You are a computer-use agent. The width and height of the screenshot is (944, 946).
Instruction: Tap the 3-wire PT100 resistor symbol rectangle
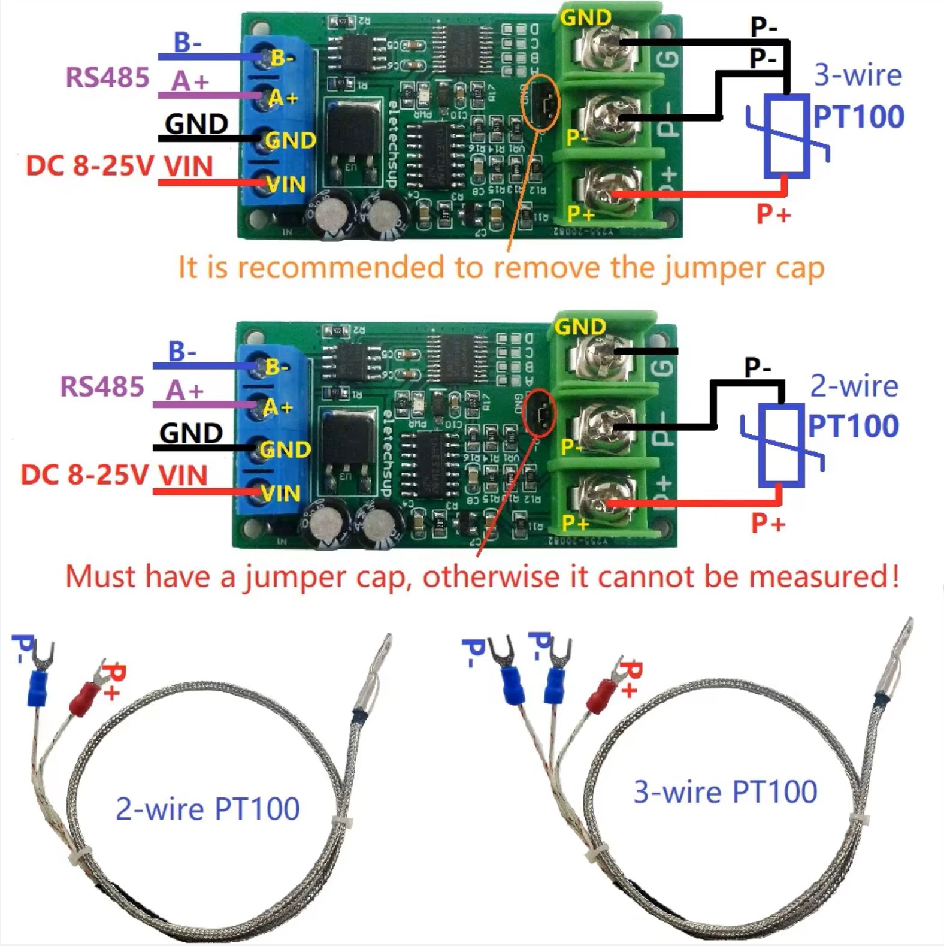click(x=787, y=136)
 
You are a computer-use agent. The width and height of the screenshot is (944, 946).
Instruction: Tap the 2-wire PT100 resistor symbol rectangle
click(x=781, y=445)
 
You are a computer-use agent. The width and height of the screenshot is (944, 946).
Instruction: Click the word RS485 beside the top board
click(x=107, y=78)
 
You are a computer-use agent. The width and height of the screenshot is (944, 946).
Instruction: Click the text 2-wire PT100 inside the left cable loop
click(x=207, y=809)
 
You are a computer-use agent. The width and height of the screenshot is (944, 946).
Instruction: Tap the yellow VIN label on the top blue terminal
click(x=286, y=185)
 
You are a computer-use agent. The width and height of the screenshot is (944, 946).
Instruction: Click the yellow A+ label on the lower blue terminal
click(x=278, y=407)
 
